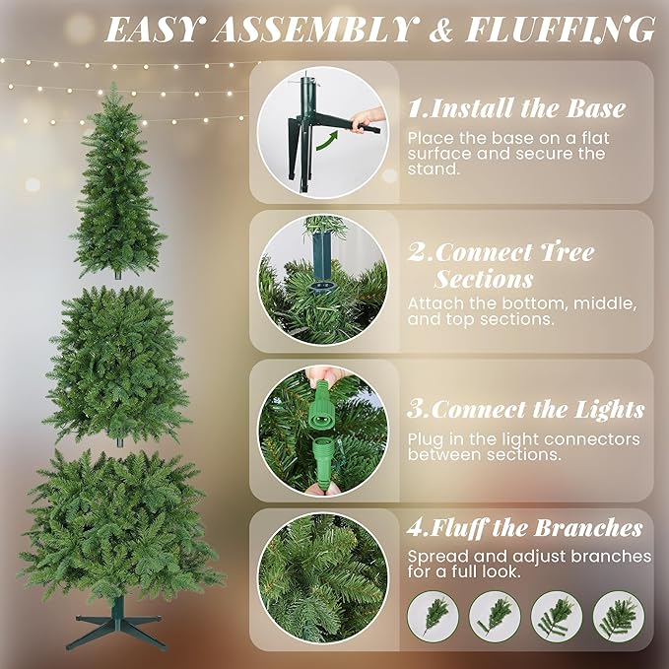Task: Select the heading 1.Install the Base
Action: [516, 107]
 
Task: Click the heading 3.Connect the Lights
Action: [526, 409]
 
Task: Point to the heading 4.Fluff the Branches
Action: [525, 528]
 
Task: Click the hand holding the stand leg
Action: [368, 120]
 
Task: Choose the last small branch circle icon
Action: [618, 615]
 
